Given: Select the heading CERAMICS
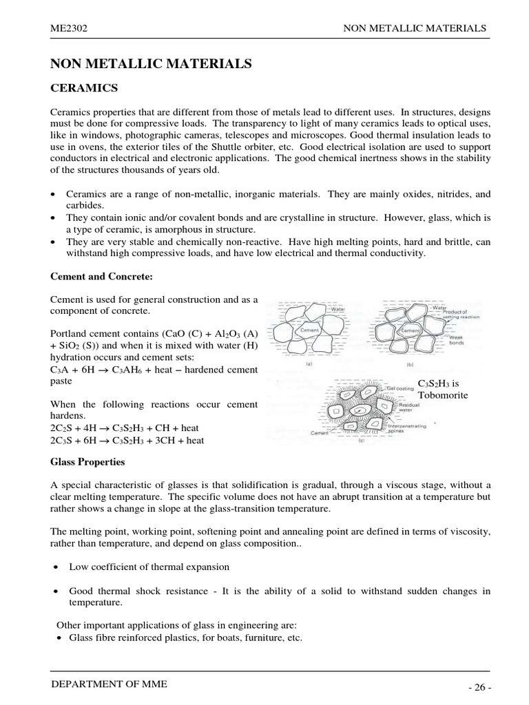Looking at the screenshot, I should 85,88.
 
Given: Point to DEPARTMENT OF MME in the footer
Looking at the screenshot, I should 109,684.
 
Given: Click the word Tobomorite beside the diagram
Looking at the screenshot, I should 442,395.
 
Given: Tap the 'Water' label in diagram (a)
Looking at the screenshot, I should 338,310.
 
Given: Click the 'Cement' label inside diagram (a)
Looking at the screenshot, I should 309,330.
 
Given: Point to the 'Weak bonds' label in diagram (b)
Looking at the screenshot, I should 457,340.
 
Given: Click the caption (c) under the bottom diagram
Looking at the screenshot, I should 361,440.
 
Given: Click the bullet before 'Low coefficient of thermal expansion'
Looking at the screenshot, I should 56,567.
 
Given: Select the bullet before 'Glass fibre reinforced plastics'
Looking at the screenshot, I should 56,638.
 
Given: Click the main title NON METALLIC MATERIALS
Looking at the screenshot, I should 151,64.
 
